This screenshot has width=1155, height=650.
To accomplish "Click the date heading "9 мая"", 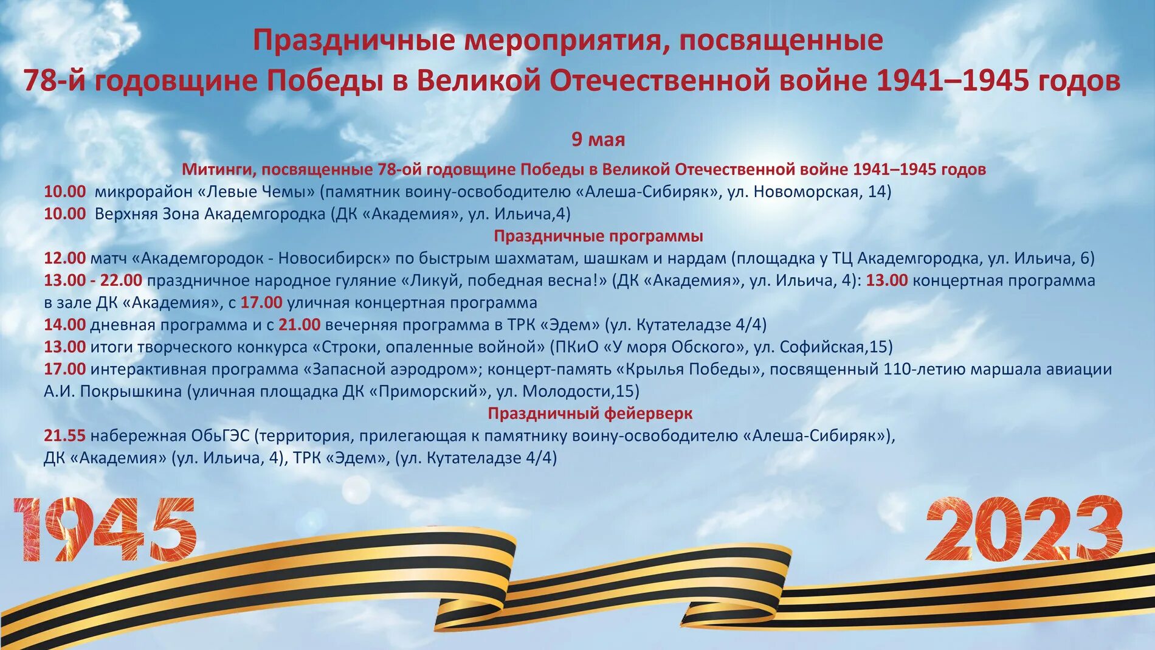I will pyautogui.click(x=598, y=140).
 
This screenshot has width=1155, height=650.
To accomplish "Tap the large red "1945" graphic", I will pyautogui.click(x=105, y=528).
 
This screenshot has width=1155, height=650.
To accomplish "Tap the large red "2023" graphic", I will pyautogui.click(x=1024, y=528).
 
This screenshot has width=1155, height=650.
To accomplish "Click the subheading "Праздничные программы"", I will pyautogui.click(x=598, y=236).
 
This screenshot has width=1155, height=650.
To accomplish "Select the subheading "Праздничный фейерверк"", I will pyautogui.click(x=590, y=413).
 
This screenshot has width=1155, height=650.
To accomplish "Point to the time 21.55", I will pyautogui.click(x=64, y=436).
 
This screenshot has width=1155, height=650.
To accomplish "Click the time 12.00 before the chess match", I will pyautogui.click(x=64, y=258).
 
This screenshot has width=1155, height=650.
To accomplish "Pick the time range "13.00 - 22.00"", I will pyautogui.click(x=92, y=280).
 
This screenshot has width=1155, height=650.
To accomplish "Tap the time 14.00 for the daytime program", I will pyautogui.click(x=64, y=325).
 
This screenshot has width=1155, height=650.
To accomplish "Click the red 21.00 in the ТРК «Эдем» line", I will pyautogui.click(x=299, y=325).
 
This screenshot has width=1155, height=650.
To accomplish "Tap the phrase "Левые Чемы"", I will pyautogui.click(x=261, y=192).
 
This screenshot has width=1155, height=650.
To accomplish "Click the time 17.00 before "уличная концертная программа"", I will pyautogui.click(x=261, y=303).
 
